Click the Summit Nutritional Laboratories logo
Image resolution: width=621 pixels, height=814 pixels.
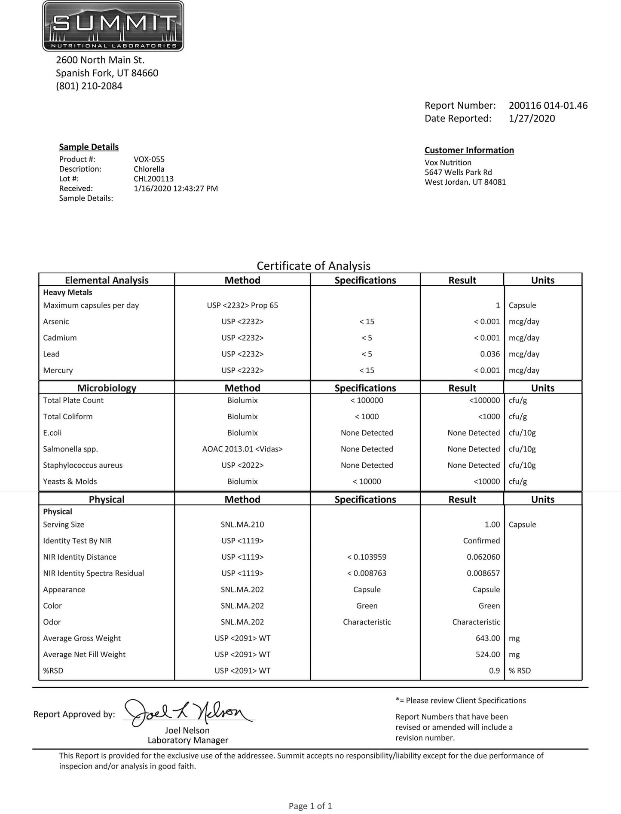113,26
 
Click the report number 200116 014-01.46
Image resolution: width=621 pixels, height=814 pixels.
548,105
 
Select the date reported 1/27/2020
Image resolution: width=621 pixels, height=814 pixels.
532,119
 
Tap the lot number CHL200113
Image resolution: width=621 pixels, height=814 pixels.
153,179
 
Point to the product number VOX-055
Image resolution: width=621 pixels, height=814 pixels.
149,159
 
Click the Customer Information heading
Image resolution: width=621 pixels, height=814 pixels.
469,150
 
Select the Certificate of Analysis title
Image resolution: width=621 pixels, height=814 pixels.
313,266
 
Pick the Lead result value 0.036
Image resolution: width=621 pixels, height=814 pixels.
490,354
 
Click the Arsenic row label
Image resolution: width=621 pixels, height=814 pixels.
56,322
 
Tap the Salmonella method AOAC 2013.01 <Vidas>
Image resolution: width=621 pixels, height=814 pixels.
242,449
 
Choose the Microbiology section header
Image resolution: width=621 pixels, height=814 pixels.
107,388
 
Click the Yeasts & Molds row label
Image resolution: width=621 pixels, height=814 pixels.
70,482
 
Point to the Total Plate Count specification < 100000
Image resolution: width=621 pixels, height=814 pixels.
367,400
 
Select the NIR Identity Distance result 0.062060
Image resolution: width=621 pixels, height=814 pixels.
483,557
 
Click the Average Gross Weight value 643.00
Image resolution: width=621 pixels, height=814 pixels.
487,638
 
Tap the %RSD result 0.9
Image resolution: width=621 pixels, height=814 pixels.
494,671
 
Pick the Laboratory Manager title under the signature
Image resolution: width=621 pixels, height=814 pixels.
188,740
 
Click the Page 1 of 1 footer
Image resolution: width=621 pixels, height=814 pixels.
310,806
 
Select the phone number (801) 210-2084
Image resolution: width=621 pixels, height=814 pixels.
89,86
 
